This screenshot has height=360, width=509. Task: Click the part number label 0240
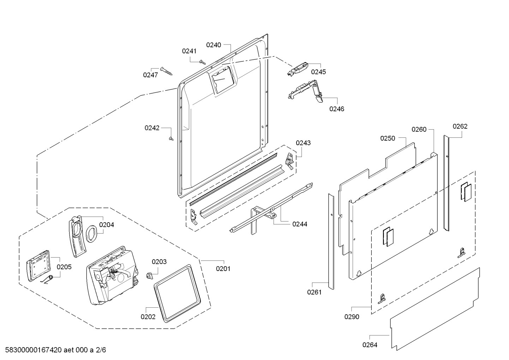(213, 45)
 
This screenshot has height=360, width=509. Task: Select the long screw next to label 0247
(166, 71)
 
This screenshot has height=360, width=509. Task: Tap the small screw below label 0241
(202, 62)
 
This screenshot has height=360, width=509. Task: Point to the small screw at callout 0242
(171, 138)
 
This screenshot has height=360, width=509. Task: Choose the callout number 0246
(336, 109)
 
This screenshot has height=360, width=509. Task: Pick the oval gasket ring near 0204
(91, 234)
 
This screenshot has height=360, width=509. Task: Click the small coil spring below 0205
(47, 279)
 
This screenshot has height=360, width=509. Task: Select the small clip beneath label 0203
(149, 276)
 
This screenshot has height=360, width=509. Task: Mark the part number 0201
(223, 269)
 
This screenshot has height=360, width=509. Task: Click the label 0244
(300, 224)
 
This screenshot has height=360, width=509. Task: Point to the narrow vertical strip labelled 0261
(331, 242)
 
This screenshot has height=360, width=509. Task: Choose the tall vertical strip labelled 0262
(447, 183)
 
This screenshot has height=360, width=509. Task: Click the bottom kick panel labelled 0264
(435, 309)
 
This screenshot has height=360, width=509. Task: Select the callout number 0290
(352, 317)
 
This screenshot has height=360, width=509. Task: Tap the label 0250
(388, 138)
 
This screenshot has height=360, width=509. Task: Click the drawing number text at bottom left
(55, 350)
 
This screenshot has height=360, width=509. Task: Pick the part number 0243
(303, 143)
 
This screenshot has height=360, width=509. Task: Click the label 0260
(419, 129)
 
